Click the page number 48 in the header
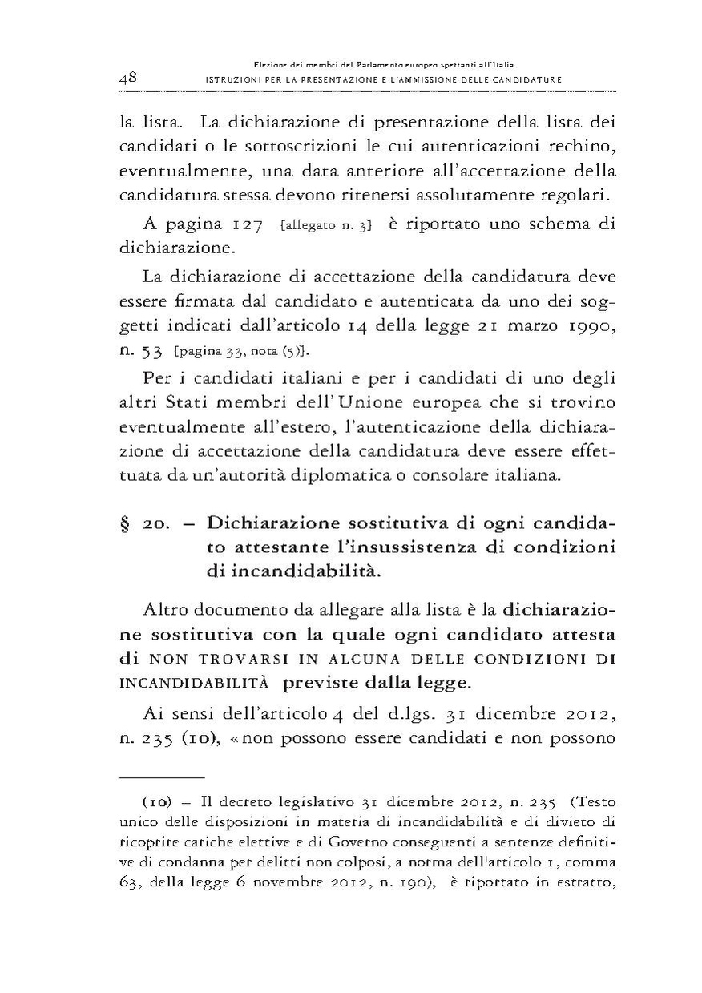129,78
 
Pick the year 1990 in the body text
591,327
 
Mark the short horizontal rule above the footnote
162,777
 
